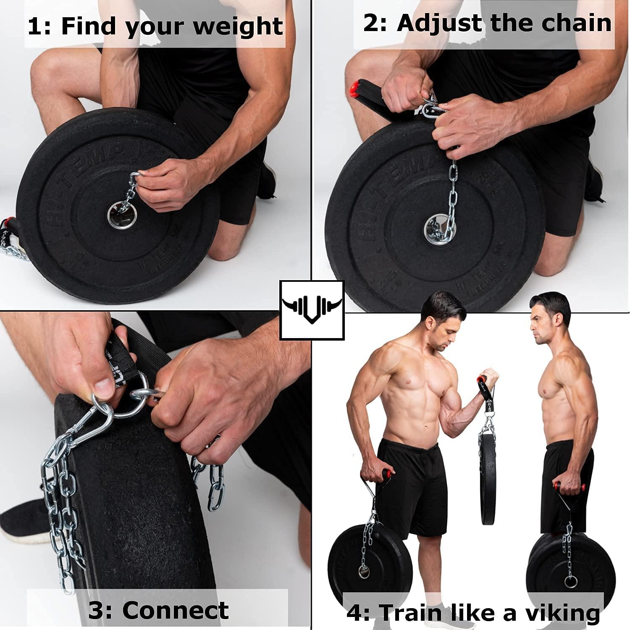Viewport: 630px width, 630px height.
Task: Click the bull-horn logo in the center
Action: pos(312,310)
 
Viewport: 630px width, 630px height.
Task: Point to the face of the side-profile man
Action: pos(542,323)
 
